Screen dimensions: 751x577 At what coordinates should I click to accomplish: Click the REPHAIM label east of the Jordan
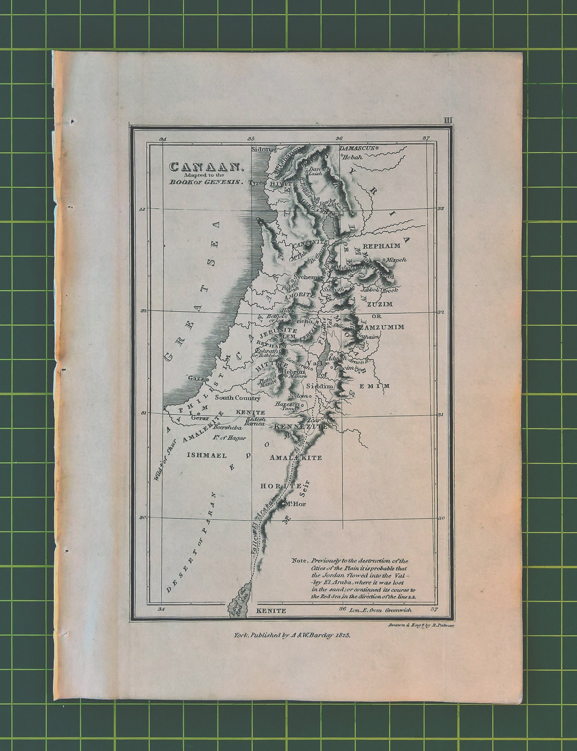click(x=381, y=246)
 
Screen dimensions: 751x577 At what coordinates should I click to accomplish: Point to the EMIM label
click(x=374, y=386)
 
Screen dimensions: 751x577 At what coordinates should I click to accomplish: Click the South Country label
click(x=237, y=398)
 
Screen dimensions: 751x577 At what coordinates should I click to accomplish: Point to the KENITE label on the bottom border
click(x=271, y=610)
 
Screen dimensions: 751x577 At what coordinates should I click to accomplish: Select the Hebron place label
click(x=292, y=371)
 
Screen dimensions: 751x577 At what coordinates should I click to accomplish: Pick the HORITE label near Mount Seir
click(x=280, y=486)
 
